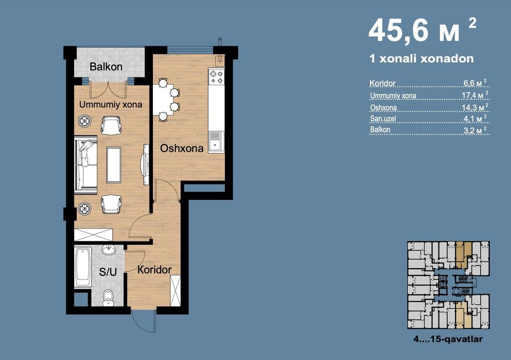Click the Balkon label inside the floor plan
click(x=106, y=67)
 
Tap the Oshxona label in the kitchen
click(x=182, y=149)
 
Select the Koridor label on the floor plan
click(x=154, y=270)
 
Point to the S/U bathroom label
click(x=107, y=272)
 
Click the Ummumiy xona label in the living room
click(x=111, y=105)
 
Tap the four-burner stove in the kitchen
click(x=216, y=77)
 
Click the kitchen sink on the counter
click(x=216, y=141)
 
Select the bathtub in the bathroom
click(x=83, y=267)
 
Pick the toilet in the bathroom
click(x=108, y=298)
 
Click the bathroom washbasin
click(x=108, y=250)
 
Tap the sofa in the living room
click(x=86, y=165)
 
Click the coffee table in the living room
click(x=114, y=165)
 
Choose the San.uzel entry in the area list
click(x=383, y=119)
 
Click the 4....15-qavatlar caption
click(x=448, y=339)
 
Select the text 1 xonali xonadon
click(x=422, y=59)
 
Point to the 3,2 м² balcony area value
click(x=476, y=130)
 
